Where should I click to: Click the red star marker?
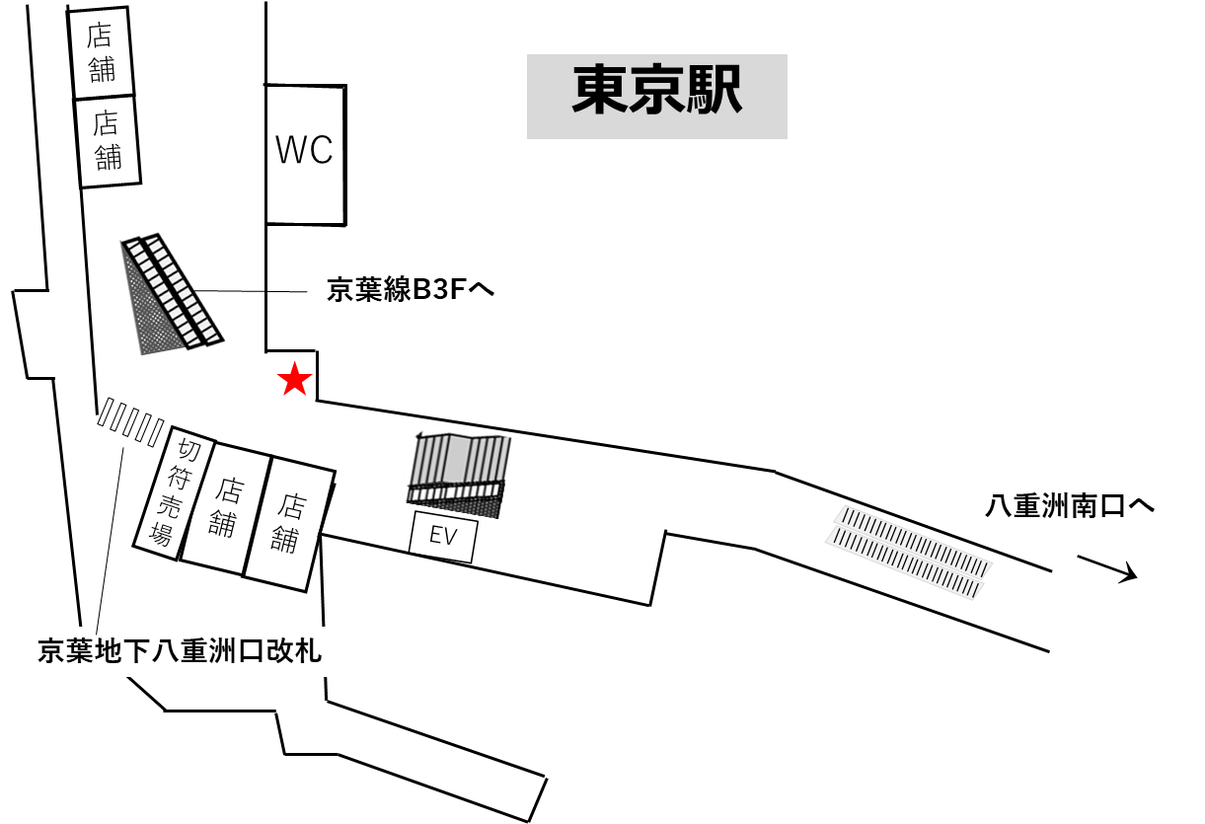tap(294, 380)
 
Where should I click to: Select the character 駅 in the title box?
tap(713, 91)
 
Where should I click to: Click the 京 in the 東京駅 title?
tap(656, 91)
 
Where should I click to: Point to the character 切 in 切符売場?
tap(188, 450)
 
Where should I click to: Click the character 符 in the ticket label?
tap(179, 479)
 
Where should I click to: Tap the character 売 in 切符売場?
tap(170, 507)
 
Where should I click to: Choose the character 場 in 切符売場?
tap(161, 535)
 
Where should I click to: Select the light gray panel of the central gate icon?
tap(456, 459)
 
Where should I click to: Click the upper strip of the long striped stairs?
tap(913, 542)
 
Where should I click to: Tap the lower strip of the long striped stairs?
tap(903, 563)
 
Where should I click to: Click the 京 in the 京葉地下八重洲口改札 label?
tap(51, 651)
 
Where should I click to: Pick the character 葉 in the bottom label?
tap(80, 651)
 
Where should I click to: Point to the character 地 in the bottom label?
tap(109, 651)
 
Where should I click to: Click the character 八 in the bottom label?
tap(165, 651)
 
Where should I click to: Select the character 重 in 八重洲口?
tap(193, 651)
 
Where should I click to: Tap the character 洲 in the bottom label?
tap(222, 651)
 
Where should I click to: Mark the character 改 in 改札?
tap(279, 651)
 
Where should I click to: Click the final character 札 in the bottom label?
tap(308, 651)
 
